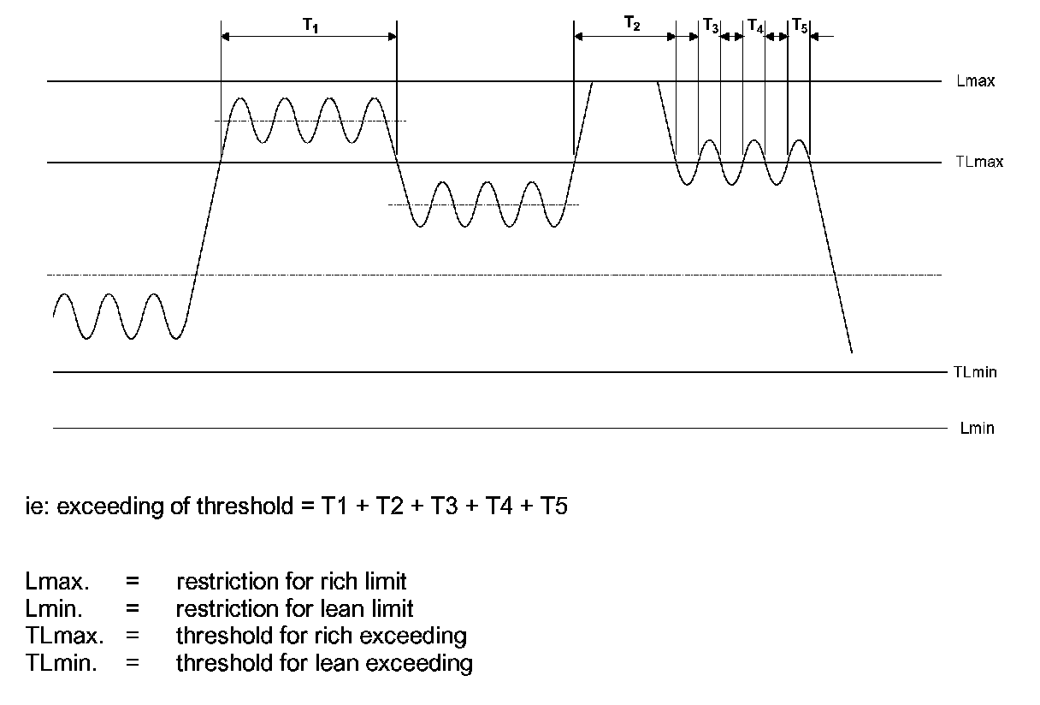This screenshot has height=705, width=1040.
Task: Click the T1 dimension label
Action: point(310,25)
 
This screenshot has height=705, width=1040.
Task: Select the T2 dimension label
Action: point(631,25)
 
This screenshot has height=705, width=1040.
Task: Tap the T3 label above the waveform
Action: point(711,27)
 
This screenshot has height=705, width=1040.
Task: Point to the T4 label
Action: point(754,27)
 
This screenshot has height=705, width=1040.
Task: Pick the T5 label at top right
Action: point(799,27)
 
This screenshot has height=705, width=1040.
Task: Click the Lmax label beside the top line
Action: point(976,82)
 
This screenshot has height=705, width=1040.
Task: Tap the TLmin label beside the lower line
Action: point(974,372)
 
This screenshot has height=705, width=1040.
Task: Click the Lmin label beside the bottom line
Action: point(977,428)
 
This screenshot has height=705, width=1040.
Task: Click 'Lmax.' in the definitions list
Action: point(56,582)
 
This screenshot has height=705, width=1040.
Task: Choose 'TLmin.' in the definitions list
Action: point(61,662)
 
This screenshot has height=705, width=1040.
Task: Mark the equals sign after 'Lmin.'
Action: point(132,609)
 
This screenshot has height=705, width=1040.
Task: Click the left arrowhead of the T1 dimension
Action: point(226,36)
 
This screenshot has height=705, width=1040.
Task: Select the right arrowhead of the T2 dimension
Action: point(671,36)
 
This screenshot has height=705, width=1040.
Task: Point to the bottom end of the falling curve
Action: point(852,352)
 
